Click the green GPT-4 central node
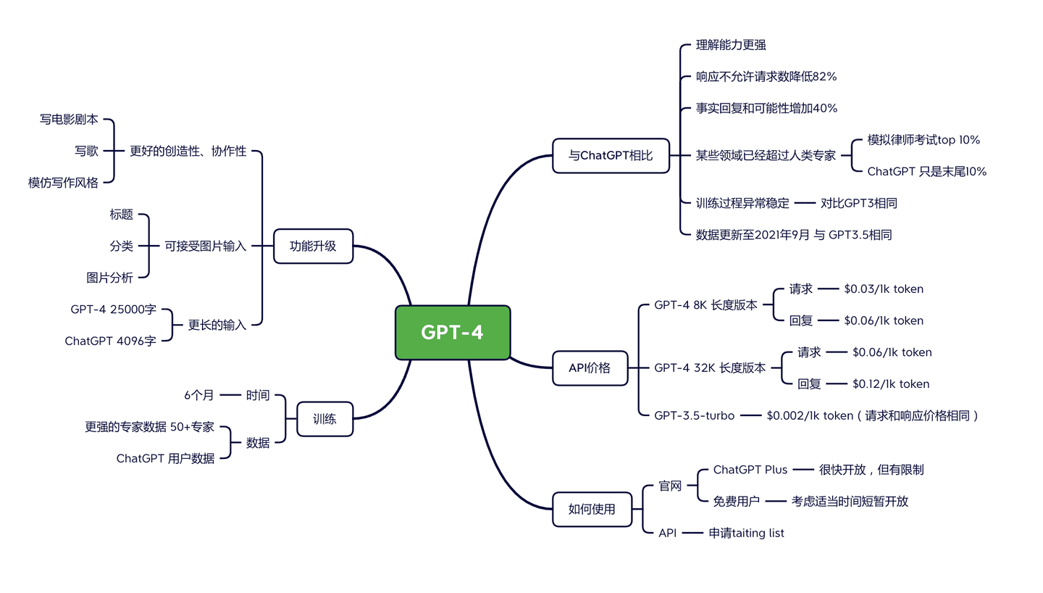tap(453, 333)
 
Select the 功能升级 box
tap(313, 246)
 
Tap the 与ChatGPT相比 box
tap(610, 156)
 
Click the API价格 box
tap(590, 368)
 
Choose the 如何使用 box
tap(591, 509)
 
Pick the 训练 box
tap(324, 418)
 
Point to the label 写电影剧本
tap(69, 120)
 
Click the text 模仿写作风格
tap(63, 183)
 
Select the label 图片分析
tap(109, 278)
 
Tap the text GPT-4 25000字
tap(113, 310)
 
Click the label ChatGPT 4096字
tap(110, 341)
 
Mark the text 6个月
tap(198, 395)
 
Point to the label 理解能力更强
tap(730, 45)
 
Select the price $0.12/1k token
tap(890, 384)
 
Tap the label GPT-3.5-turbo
tap(694, 415)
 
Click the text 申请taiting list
tap(746, 533)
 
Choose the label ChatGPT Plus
tap(750, 470)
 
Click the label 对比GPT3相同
tap(858, 203)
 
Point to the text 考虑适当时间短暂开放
tap(850, 501)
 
